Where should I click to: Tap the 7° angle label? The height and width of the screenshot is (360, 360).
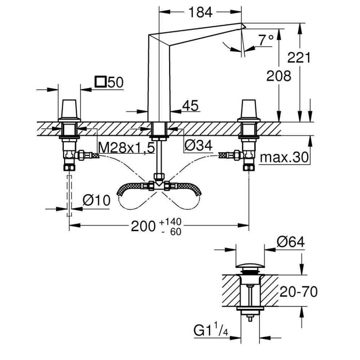pyautogui.click(x=265, y=41)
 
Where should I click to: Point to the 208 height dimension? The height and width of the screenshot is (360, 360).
pyautogui.click(x=278, y=76)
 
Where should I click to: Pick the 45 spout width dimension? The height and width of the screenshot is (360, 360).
pyautogui.click(x=190, y=105)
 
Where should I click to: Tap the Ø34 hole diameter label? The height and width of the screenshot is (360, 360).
pyautogui.click(x=198, y=145)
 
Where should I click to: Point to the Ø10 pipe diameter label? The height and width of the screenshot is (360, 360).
pyautogui.click(x=96, y=200)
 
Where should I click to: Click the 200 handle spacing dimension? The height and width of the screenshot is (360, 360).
pyautogui.click(x=143, y=226)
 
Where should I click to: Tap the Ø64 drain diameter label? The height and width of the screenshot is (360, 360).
pyautogui.click(x=291, y=242)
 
